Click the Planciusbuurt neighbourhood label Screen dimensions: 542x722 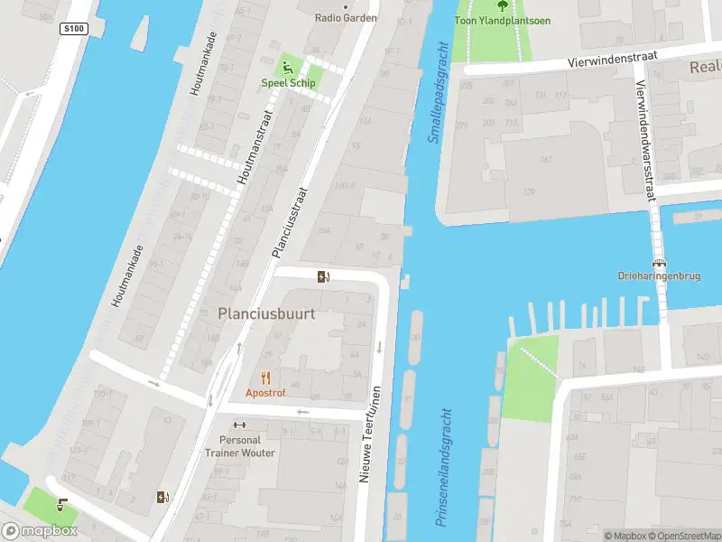[x=266, y=313]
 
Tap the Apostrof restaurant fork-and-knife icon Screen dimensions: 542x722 [x=265, y=378]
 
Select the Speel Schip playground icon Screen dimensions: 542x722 [x=288, y=67]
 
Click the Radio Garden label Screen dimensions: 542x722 [x=346, y=18]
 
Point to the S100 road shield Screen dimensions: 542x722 [x=73, y=29]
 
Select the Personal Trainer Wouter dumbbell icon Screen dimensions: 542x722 [x=239, y=425]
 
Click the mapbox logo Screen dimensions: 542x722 [x=40, y=531]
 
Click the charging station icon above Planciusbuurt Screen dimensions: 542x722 [x=323, y=277]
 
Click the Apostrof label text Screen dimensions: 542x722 [x=265, y=393]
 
